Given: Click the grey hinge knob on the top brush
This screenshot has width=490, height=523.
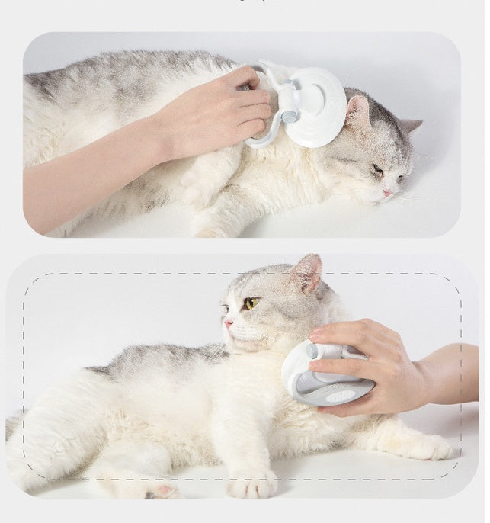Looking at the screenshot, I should tap(290, 117).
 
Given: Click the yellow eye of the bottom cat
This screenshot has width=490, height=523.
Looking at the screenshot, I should tap(250, 303).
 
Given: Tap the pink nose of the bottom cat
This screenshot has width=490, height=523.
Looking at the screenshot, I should tap(227, 322).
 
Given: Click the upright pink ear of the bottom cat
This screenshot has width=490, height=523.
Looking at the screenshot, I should tap(308, 273).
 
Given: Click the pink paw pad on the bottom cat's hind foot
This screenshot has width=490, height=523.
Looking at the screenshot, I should tap(163, 489).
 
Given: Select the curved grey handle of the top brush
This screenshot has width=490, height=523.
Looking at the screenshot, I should tap(259, 137).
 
